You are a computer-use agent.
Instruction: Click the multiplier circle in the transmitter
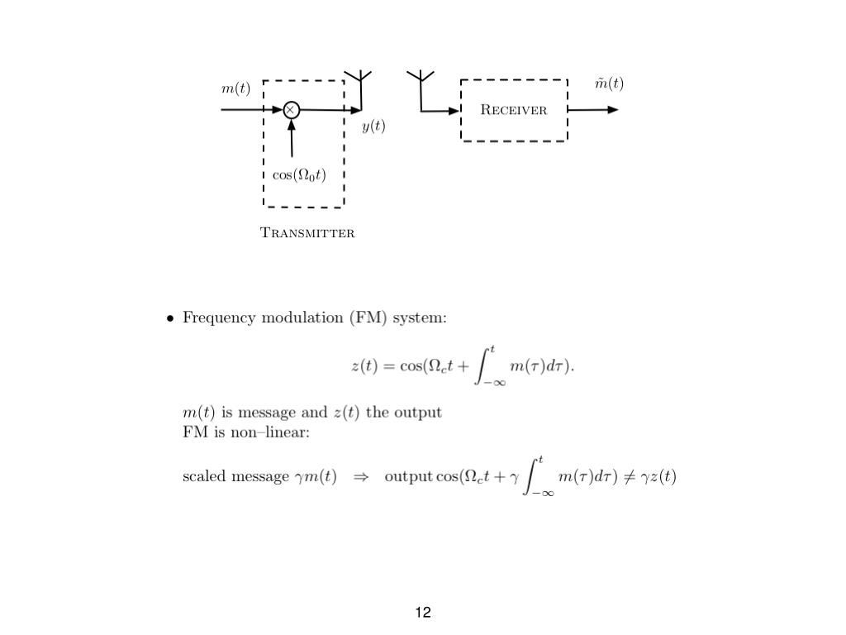pos(291,109)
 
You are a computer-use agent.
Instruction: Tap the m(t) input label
pos(235,88)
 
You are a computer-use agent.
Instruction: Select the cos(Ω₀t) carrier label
pos(299,175)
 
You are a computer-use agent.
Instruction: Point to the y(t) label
pos(373,127)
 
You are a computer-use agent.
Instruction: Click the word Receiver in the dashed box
pos(514,110)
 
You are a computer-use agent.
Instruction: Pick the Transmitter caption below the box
pos(307,233)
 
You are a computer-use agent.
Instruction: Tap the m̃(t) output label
pos(610,84)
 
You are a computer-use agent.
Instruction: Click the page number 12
pos(423,613)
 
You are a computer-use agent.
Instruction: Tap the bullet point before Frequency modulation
pos(169,318)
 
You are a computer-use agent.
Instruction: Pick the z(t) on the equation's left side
pos(364,366)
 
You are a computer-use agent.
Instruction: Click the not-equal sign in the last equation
pos(629,477)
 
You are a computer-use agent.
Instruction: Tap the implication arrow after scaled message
pos(360,477)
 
